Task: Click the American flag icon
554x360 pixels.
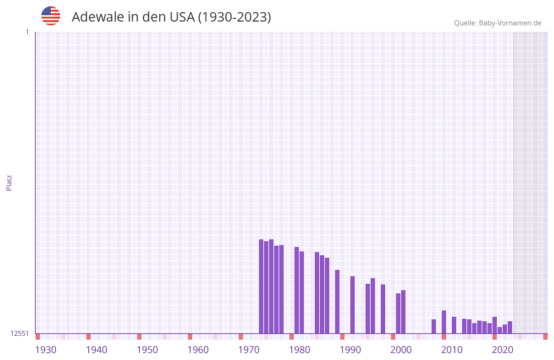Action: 51,16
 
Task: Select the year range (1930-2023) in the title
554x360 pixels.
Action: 234,17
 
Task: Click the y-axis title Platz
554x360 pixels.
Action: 9,182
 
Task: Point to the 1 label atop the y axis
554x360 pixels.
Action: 27,32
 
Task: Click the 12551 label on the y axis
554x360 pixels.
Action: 20,333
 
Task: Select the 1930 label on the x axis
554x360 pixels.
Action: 46,350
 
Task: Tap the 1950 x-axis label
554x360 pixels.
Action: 147,350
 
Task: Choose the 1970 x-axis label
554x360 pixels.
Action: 249,350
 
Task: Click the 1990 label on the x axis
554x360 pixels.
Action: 350,350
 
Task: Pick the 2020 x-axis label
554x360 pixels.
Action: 503,350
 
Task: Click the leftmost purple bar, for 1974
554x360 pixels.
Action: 261,286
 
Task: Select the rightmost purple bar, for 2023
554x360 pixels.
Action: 510,327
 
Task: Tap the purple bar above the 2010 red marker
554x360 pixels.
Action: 444,322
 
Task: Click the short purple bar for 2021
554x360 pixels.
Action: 499,330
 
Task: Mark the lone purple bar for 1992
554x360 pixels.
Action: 352,305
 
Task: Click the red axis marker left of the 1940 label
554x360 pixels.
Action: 88,337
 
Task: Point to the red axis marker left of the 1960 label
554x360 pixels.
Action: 190,337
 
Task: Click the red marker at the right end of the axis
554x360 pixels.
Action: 545,337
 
